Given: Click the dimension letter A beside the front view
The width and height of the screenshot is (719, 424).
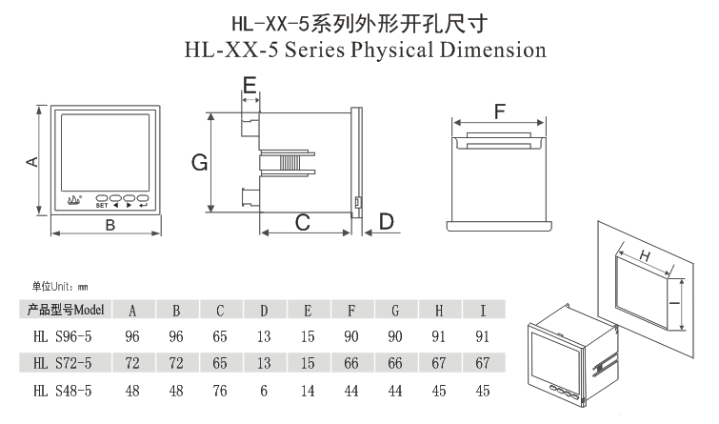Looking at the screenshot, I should pos(30,161).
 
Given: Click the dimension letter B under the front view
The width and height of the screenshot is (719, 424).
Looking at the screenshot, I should pos(110,225).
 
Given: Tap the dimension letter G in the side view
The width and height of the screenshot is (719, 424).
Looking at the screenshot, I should pos(198,163).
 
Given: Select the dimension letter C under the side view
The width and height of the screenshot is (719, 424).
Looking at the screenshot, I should pos(303,223).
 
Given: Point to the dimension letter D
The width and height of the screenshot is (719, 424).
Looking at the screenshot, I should pos(386,222).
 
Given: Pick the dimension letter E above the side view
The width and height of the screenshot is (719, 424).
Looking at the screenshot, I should pos(250,88).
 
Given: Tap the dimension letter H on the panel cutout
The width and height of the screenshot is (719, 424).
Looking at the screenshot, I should pos(643,255).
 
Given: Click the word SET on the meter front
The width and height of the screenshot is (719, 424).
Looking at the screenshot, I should pos(100,204).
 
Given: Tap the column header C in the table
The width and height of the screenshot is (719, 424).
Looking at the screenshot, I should pos(220,310).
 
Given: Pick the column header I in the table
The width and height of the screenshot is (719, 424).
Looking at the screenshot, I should pos(483,310).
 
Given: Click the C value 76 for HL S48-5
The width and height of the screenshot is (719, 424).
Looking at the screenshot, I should pos(220,390).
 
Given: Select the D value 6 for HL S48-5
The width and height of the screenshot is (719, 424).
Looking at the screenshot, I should pos(264,390).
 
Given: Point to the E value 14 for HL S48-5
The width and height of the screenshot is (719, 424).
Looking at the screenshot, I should pos(308,390).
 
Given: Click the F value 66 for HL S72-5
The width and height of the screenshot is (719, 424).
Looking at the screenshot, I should pos(351,363).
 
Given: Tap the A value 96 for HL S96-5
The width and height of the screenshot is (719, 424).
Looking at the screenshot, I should pos(132,336).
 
